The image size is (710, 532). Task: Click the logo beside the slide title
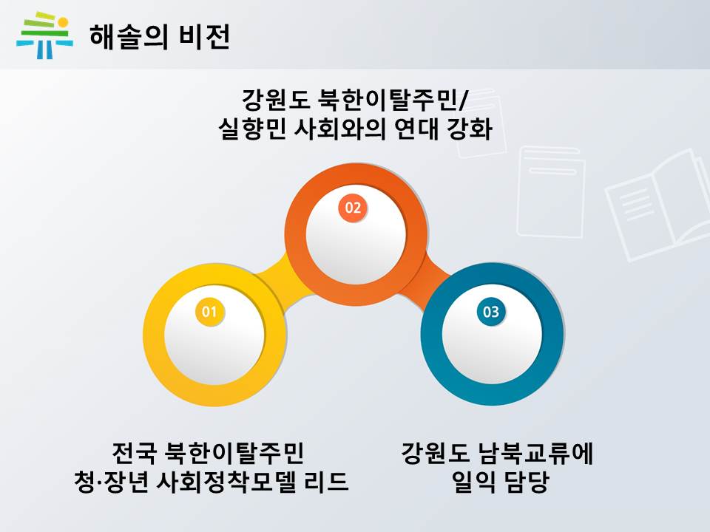point(44,35)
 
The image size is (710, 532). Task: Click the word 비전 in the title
point(205,37)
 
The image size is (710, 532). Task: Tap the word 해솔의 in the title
point(129,37)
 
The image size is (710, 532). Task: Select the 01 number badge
point(209,311)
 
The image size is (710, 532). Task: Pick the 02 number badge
point(354,208)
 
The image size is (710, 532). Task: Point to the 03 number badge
point(491,311)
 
